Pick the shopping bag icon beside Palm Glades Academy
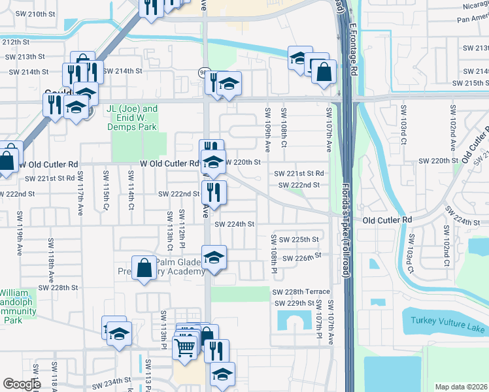click(144, 268)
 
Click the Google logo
click(22, 384)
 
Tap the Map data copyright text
click(461, 387)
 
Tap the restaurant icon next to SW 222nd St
click(214, 191)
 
